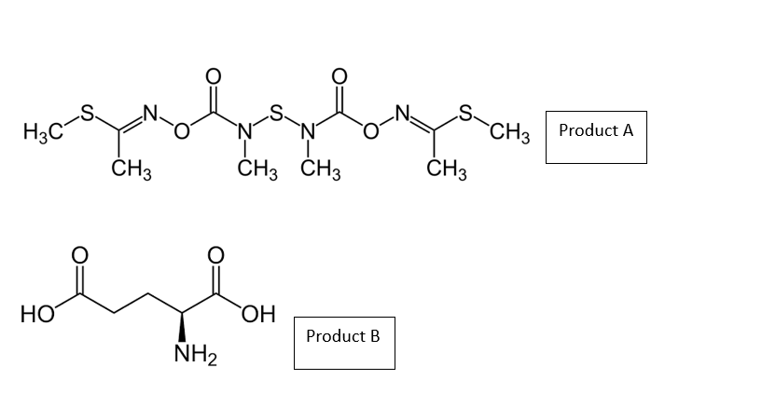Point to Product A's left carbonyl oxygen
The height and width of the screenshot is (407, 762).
212,74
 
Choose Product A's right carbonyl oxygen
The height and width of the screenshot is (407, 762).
339,74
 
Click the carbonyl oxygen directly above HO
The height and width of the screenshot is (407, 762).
79,253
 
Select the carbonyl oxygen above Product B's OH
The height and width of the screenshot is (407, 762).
215,253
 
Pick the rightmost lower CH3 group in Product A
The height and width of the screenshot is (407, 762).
447,170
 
